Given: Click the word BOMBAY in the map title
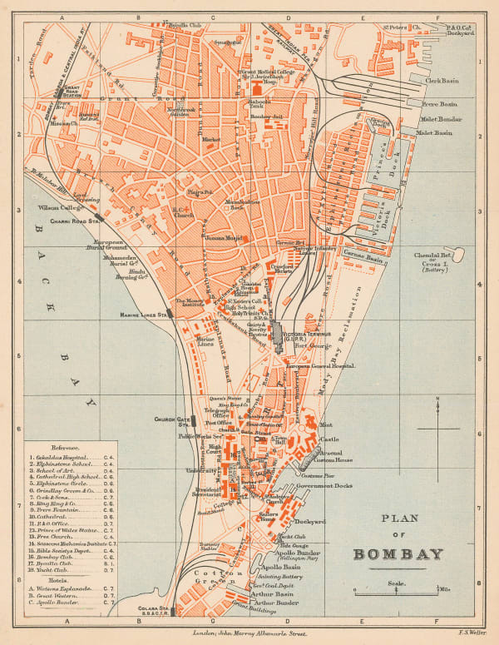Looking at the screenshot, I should [398, 553].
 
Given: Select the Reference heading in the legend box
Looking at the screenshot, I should [66, 446].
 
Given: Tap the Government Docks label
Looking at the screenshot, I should [325, 485].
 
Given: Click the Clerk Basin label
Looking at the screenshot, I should [443, 81].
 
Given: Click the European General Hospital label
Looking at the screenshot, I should [320, 365].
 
